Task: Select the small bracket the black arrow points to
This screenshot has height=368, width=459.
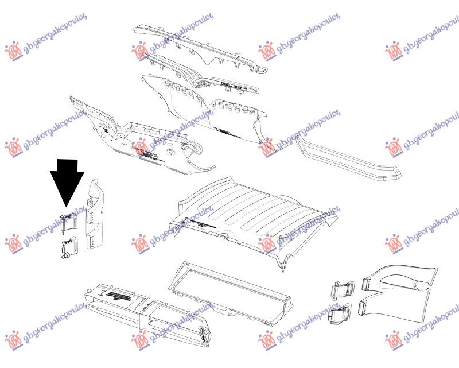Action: tap(68, 222)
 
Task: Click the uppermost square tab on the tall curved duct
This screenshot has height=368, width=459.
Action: tap(90, 202)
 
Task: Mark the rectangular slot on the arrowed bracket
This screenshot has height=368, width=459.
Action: tap(70, 216)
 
